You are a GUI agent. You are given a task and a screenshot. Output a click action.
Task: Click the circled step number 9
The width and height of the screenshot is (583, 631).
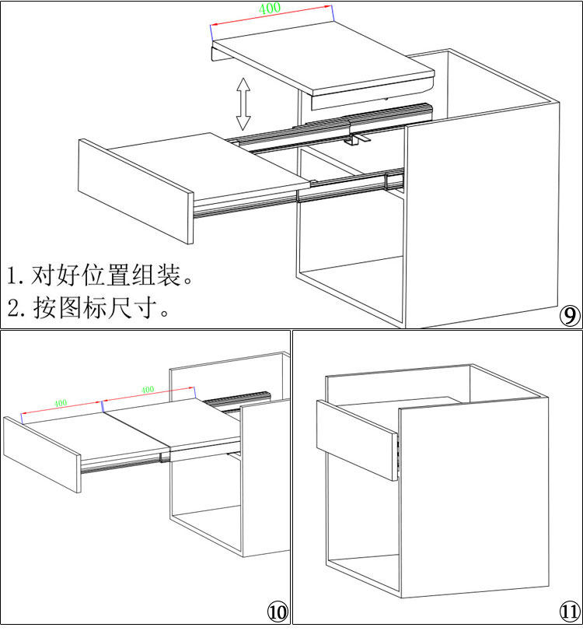[570, 316]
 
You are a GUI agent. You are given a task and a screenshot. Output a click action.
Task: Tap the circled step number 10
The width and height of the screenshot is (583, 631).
[278, 612]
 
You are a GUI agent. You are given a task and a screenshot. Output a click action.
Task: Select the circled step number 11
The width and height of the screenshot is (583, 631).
[569, 612]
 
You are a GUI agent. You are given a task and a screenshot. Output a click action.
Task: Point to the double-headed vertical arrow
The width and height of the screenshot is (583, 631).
[243, 103]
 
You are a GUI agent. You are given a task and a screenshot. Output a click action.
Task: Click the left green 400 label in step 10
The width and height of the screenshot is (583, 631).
[61, 403]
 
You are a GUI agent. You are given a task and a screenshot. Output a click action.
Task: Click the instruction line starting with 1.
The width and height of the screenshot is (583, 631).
[99, 275]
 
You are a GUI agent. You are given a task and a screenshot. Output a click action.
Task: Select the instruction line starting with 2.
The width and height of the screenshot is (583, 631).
[89, 307]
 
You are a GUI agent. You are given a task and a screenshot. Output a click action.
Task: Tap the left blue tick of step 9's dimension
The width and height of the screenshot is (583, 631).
[210, 30]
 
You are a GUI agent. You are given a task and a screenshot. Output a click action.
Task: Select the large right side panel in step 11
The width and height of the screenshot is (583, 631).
[474, 498]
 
